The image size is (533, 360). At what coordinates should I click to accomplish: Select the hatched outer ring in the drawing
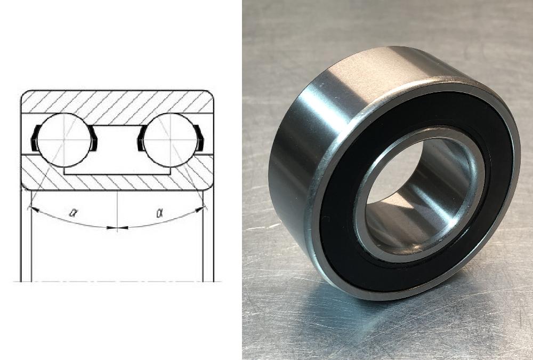point(117,102)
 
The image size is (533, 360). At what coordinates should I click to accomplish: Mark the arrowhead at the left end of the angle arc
point(31,209)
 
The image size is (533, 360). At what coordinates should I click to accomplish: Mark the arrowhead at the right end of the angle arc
point(202,209)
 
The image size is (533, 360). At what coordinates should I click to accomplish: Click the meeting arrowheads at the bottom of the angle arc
point(117,228)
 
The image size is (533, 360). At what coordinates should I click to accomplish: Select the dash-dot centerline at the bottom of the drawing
point(117,281)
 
